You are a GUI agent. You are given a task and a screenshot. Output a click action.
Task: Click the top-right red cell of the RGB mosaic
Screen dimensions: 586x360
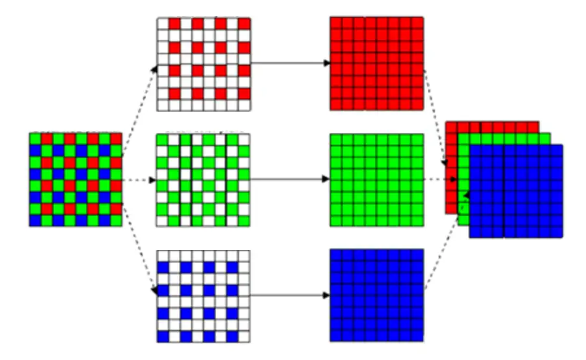tap(116, 139)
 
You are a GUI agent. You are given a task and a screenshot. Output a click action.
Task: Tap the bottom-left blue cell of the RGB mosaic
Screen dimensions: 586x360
tap(35, 221)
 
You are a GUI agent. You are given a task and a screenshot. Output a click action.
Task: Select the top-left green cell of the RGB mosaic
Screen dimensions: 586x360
tap(35, 139)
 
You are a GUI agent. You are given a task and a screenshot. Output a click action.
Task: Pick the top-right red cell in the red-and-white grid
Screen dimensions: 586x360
tap(244, 23)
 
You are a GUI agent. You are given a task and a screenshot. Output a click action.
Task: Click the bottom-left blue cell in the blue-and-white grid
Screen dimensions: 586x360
tap(162, 337)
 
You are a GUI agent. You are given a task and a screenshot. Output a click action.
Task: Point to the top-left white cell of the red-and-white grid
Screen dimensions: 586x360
tap(162, 23)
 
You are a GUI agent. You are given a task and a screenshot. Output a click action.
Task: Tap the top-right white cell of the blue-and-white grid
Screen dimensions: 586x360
tap(244, 255)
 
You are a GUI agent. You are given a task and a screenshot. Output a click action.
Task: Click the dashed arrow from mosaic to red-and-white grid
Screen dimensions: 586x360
tap(141, 104)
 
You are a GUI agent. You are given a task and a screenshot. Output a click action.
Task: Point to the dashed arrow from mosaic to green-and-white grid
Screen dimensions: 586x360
tap(139, 180)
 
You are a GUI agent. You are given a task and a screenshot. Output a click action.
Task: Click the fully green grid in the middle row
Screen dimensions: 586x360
tap(377, 180)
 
